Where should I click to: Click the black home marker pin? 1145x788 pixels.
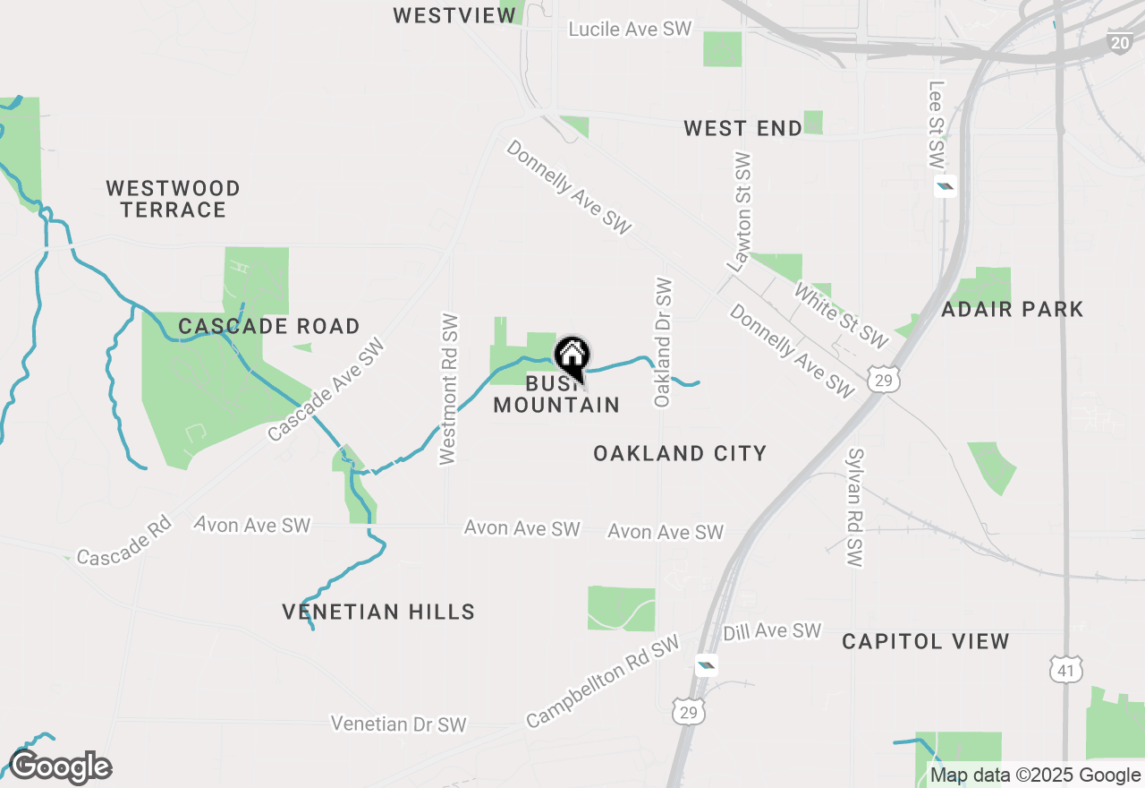pyautogui.click(x=572, y=356)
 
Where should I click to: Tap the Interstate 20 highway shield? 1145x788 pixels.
pyautogui.click(x=1120, y=42)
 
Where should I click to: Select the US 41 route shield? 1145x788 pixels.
pyautogui.click(x=1067, y=669)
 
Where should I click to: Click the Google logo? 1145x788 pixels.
pyautogui.click(x=60, y=767)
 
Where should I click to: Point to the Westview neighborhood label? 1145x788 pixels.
pyautogui.click(x=454, y=15)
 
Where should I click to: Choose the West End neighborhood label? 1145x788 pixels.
pyautogui.click(x=742, y=129)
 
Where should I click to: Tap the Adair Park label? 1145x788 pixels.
pyautogui.click(x=1012, y=310)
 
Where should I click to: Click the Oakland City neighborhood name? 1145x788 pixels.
pyautogui.click(x=680, y=453)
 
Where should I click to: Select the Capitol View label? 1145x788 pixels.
pyautogui.click(x=926, y=641)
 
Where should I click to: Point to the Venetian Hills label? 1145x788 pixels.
pyautogui.click(x=378, y=612)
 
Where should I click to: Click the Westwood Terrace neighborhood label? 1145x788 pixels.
pyautogui.click(x=173, y=199)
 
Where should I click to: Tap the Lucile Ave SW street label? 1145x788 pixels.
pyautogui.click(x=631, y=29)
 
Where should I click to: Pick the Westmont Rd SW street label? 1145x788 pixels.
pyautogui.click(x=448, y=390)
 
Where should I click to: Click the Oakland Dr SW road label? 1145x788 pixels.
pyautogui.click(x=663, y=342)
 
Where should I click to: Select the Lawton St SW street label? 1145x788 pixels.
pyautogui.click(x=741, y=212)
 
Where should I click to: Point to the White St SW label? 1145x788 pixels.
pyautogui.click(x=841, y=316)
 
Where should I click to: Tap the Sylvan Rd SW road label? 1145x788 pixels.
pyautogui.click(x=854, y=507)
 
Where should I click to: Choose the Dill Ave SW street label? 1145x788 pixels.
pyautogui.click(x=772, y=631)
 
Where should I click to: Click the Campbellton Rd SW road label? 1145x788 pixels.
pyautogui.click(x=602, y=682)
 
